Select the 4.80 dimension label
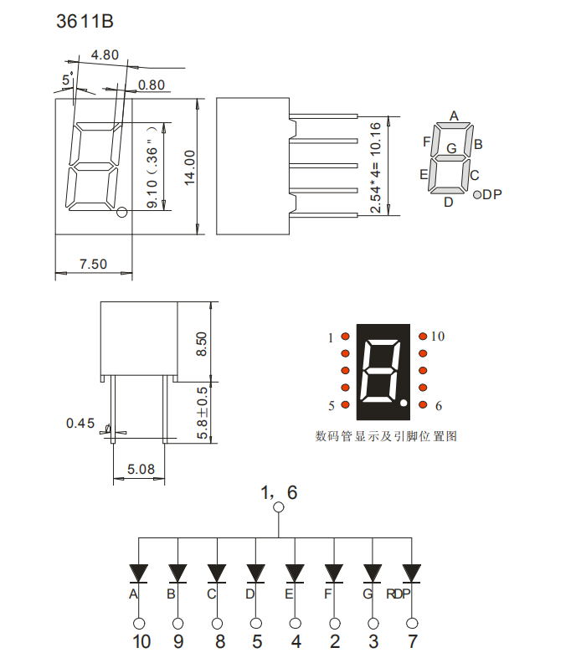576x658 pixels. tap(105, 55)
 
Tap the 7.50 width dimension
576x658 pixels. tap(93, 264)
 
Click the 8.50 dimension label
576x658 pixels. tap(202, 343)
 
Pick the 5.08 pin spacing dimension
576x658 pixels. tap(140, 470)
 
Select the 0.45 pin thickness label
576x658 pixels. tap(80, 423)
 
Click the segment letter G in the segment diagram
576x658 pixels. tap(451, 148)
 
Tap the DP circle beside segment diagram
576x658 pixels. tap(477, 195)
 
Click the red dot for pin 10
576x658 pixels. tap(423, 337)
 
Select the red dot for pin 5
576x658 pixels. tap(344, 405)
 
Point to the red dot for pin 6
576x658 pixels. tap(423, 405)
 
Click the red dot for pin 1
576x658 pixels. tap(344, 337)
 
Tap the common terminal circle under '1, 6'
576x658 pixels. tap(279, 507)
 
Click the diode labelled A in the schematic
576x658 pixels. tap(138, 572)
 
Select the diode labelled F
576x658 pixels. tap(334, 572)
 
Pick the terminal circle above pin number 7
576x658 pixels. tap(411, 623)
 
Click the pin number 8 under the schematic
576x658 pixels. tap(219, 642)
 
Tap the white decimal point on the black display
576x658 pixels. tap(404, 404)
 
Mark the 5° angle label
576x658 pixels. tap(67, 80)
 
